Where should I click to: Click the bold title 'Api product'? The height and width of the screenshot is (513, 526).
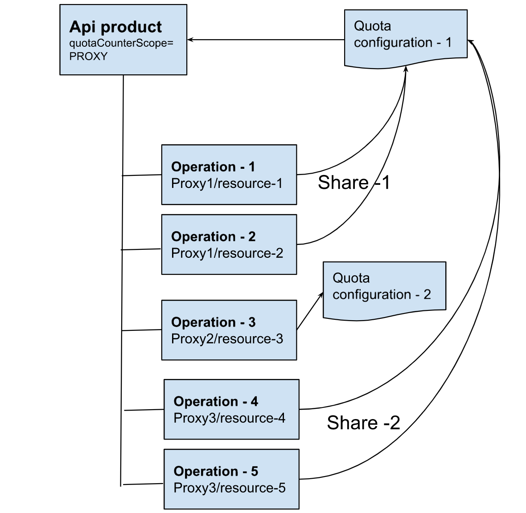pos(115,27)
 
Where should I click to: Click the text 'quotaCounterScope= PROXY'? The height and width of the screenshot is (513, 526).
pos(121,50)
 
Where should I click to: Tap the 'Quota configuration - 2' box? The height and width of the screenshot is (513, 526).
pos(384,287)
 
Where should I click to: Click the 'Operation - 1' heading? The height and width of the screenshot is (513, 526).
pos(213,167)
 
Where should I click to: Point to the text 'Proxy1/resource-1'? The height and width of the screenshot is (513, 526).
pos(226,183)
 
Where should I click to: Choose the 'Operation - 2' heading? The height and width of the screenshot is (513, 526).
pos(213,237)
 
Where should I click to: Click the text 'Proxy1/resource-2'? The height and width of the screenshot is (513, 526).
pos(227,253)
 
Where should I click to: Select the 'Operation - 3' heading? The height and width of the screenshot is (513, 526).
pos(213,322)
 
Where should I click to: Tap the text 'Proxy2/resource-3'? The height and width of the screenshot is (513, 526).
pos(227,339)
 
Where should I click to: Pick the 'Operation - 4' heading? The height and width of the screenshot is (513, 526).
pos(216,402)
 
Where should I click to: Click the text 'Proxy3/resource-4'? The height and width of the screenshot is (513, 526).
pos(229,418)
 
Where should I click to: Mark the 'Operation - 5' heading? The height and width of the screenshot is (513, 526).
pos(216,472)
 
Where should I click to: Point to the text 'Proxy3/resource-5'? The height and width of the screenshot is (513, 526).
pos(229,488)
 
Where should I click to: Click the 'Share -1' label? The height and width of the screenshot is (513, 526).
pos(354,183)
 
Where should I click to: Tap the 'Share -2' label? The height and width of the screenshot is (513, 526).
pos(363,423)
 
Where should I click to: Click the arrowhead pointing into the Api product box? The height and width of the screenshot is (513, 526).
pos(190,40)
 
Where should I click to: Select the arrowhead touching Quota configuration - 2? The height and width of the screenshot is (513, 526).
pos(321,295)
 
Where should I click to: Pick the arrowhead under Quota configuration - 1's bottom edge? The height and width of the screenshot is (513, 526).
pos(406,69)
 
